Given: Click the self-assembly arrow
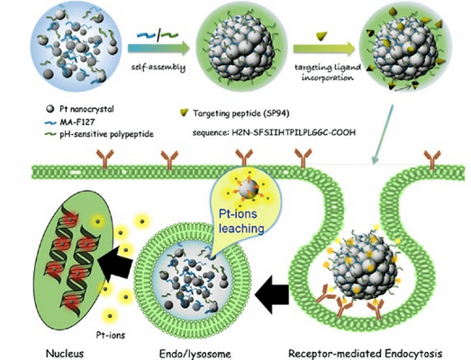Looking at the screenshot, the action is (159, 49).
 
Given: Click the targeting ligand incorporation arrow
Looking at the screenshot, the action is (324, 49).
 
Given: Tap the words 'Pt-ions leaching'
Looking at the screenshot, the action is (241, 221).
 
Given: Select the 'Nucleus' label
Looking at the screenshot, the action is (65, 353).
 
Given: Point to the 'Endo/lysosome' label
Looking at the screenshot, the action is (195, 354).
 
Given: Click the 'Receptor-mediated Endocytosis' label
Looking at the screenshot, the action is (366, 354).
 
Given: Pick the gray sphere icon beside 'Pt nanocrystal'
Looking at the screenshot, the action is (50, 109).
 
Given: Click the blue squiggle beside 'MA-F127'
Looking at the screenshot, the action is (50, 122).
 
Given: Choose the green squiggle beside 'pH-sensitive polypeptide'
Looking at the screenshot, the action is (50, 134).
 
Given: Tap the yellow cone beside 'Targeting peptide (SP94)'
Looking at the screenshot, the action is (184, 112).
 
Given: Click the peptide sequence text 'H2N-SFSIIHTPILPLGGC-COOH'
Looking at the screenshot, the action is (294, 132).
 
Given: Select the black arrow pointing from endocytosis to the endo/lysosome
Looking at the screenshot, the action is (272, 294).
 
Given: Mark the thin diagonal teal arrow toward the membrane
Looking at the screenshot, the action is (383, 134).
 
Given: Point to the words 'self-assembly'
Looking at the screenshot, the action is (159, 67).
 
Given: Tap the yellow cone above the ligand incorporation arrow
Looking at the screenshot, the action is (322, 36).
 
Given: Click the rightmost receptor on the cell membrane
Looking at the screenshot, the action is (432, 159).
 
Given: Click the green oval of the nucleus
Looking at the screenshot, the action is (74, 263).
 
